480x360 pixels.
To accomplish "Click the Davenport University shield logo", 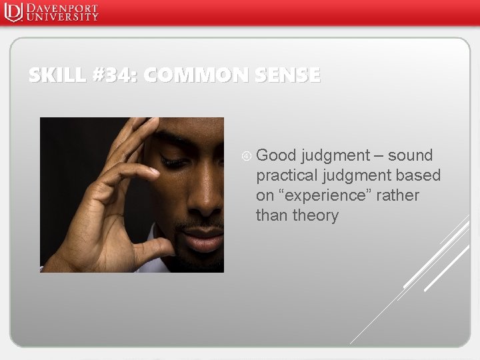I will pyautogui.click(x=13, y=13).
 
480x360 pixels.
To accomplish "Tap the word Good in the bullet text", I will pyautogui.click(x=276, y=155).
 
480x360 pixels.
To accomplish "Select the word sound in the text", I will pyautogui.click(x=411, y=155).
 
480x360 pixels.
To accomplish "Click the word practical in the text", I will pyautogui.click(x=289, y=176).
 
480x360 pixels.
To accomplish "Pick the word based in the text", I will pyautogui.click(x=419, y=175).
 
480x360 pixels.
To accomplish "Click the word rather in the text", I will pyautogui.click(x=397, y=195).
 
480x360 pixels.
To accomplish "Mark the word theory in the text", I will pyautogui.click(x=316, y=215).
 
